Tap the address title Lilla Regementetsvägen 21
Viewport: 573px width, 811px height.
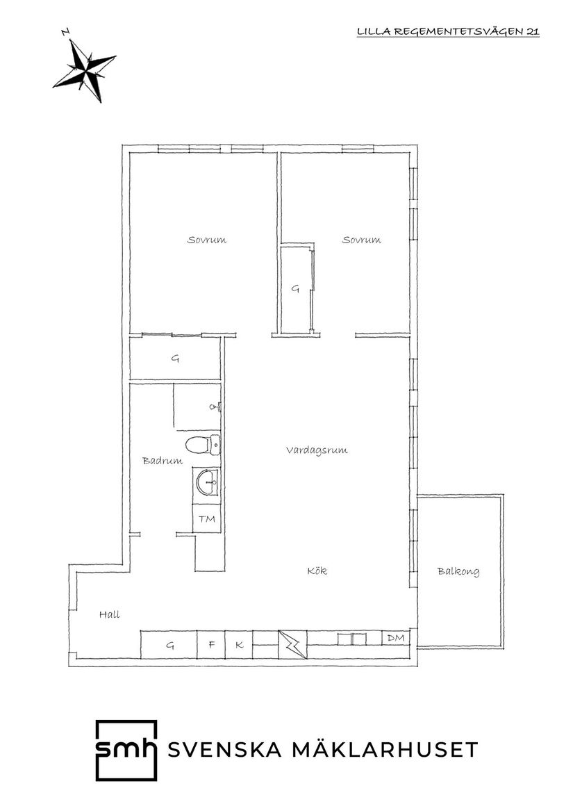point(447,31)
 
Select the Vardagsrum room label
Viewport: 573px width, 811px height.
point(316,450)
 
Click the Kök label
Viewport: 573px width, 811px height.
point(317,571)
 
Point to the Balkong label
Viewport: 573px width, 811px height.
point(458,572)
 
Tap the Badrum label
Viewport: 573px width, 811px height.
point(163,460)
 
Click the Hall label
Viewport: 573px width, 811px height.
point(109,614)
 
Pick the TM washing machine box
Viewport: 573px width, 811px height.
point(207,519)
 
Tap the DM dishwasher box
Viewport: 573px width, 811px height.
point(395,638)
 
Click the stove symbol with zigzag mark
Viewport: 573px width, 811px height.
point(290,644)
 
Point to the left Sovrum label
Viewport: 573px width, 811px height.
point(207,240)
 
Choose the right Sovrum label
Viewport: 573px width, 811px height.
point(361,240)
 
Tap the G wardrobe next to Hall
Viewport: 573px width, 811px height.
point(169,645)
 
